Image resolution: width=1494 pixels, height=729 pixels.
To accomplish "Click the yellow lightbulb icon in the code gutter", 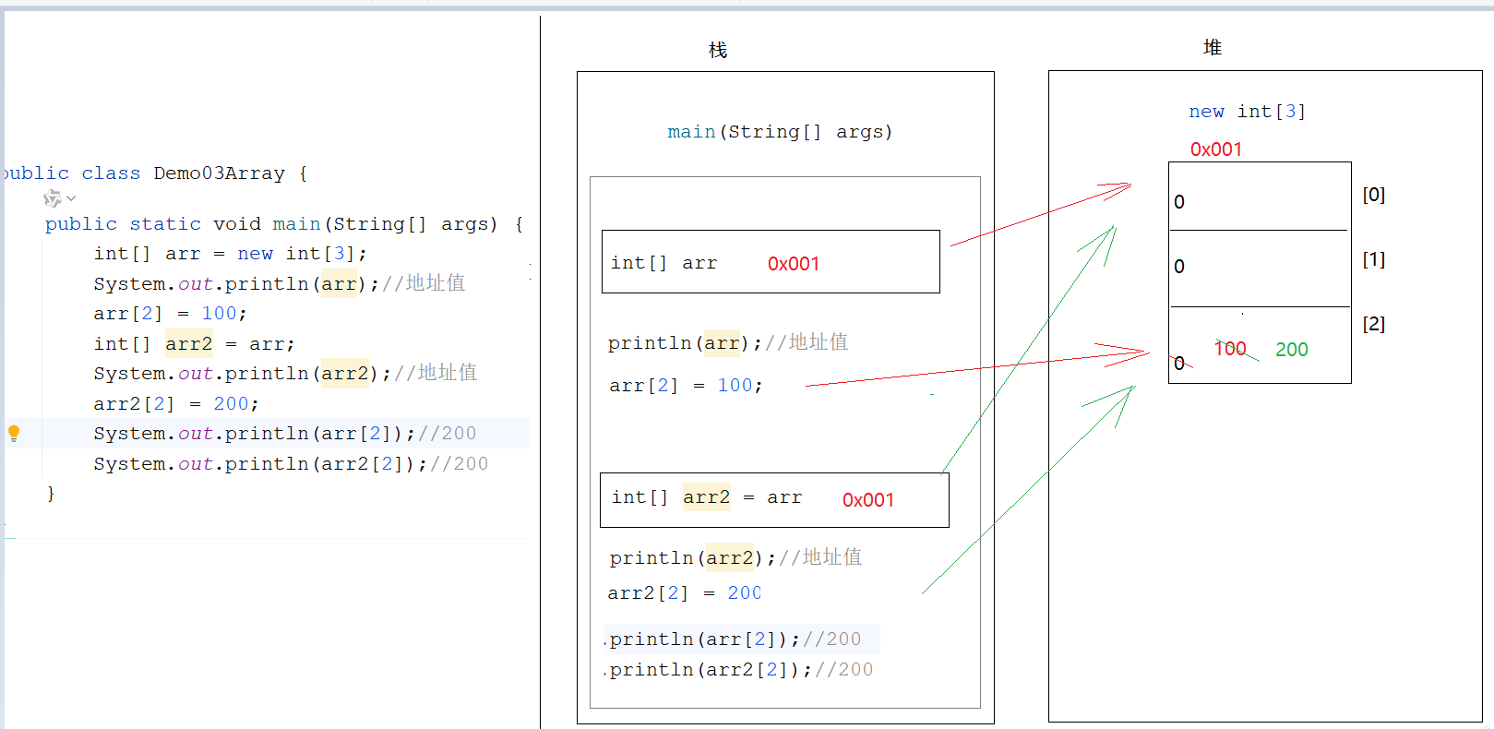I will (x=14, y=433).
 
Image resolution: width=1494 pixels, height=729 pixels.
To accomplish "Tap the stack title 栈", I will (x=718, y=50).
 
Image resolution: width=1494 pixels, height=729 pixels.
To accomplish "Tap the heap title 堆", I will (x=1213, y=47).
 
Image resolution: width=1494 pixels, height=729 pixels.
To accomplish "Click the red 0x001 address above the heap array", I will (x=1215, y=149).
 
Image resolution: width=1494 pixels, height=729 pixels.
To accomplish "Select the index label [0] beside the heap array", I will (x=1373, y=195).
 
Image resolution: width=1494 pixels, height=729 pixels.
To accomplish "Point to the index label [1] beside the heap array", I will (x=1373, y=259).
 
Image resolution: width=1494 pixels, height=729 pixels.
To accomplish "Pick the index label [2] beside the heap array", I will (x=1373, y=324).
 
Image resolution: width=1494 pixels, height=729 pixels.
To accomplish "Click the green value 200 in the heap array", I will (x=1291, y=350).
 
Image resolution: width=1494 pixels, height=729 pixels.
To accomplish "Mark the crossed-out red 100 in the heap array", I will (x=1230, y=349).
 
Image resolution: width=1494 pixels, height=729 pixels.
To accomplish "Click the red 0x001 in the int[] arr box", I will (x=793, y=264).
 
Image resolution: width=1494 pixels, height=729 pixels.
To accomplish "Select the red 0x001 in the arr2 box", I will (x=867, y=500).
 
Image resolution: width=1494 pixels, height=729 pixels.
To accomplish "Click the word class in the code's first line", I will (x=111, y=173).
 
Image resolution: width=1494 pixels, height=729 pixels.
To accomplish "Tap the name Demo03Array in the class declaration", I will (x=219, y=173).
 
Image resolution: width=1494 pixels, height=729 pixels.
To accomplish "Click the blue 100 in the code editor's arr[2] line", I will (x=219, y=314).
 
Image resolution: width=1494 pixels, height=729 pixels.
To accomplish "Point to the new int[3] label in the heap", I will (x=1247, y=112).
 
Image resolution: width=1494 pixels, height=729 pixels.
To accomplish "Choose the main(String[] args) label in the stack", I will (x=780, y=132).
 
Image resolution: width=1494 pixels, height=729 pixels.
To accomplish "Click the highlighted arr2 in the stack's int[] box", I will (x=706, y=498).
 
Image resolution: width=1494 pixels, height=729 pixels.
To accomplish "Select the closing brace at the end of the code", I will (x=51, y=494).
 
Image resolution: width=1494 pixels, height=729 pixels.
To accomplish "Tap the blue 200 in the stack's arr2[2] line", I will (x=744, y=593).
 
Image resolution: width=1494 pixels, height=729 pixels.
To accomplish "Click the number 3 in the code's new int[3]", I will (x=340, y=254).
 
